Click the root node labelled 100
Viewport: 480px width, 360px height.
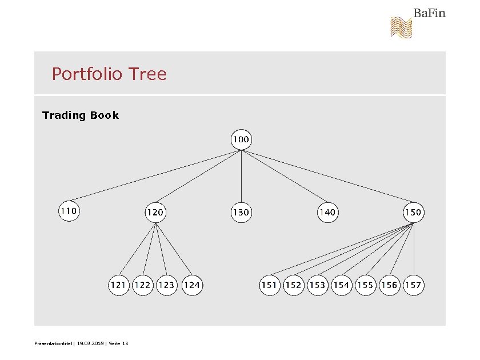click(x=241, y=139)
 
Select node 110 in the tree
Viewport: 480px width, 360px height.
click(x=69, y=211)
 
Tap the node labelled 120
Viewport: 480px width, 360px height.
click(x=155, y=213)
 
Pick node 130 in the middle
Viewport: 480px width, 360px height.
click(x=241, y=213)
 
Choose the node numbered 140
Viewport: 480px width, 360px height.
click(x=327, y=213)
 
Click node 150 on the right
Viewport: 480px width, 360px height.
click(x=413, y=213)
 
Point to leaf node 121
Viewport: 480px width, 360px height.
click(x=119, y=285)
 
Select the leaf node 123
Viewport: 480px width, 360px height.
click(x=166, y=285)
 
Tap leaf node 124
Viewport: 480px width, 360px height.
click(x=192, y=285)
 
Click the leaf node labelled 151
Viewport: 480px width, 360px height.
click(x=269, y=285)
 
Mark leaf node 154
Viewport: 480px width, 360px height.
click(x=341, y=285)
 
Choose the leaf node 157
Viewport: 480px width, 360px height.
click(x=413, y=285)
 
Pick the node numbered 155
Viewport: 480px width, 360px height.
click(x=365, y=285)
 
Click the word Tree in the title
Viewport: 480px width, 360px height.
click(x=147, y=74)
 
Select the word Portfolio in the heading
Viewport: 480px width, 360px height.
click(x=87, y=74)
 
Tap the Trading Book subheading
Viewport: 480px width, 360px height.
click(x=81, y=115)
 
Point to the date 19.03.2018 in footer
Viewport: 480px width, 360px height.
click(x=90, y=343)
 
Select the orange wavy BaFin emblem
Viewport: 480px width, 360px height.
click(x=401, y=27)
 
